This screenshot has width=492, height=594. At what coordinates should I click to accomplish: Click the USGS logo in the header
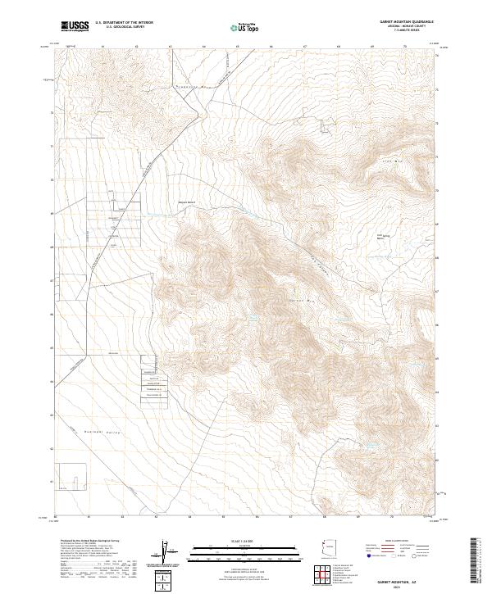pos(75,26)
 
